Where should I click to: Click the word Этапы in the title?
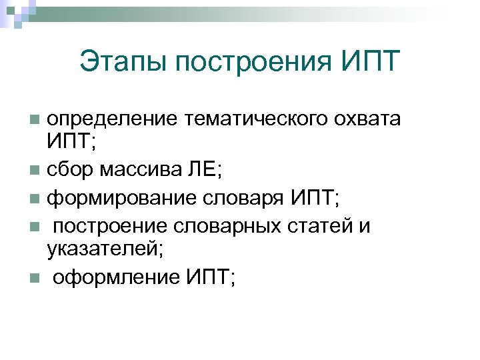122,63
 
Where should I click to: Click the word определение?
112,119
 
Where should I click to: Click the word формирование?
117,198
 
